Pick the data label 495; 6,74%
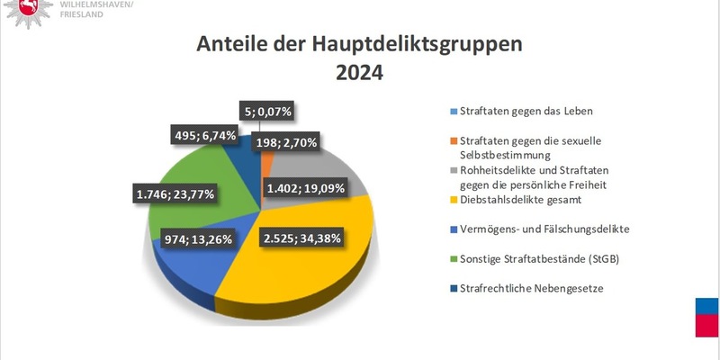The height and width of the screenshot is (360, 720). [206, 135]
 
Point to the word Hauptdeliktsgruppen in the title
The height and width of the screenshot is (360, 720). [421, 45]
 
